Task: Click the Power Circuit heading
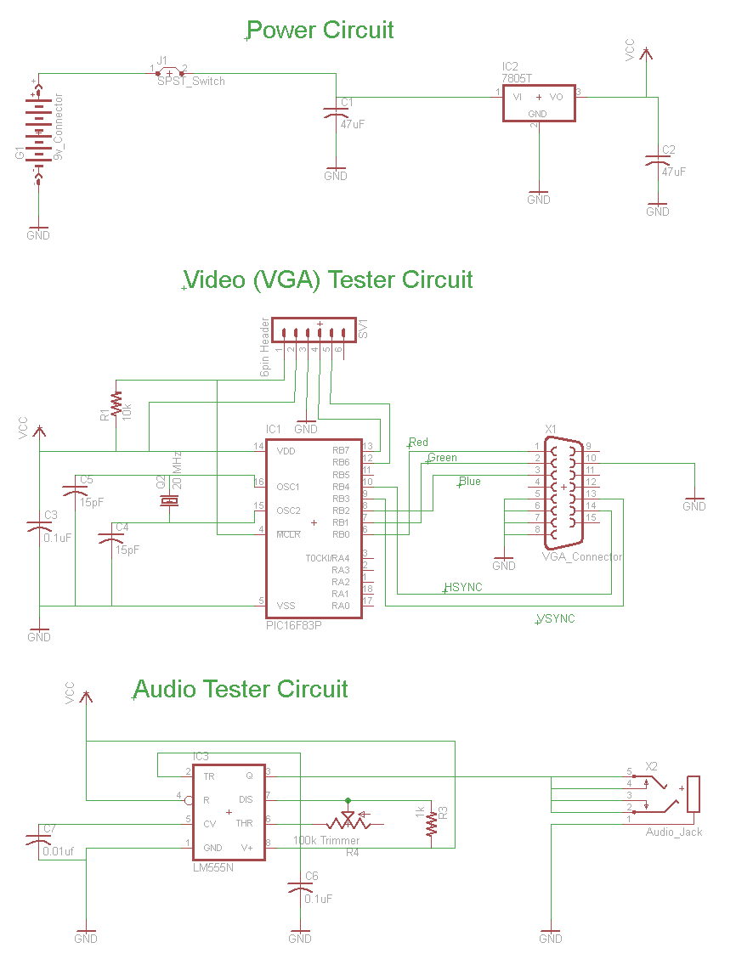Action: point(320,31)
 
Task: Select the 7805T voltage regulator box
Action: point(539,103)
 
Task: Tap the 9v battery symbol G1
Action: point(38,133)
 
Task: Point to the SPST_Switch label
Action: point(191,81)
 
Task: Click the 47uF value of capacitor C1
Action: point(353,124)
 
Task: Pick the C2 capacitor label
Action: point(669,150)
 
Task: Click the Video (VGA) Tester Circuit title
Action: point(328,279)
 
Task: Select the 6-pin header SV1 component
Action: point(314,333)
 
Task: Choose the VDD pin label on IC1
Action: point(286,450)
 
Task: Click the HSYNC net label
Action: point(463,587)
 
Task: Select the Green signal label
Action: point(443,458)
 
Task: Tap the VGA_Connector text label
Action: point(582,557)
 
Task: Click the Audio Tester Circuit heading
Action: point(241,688)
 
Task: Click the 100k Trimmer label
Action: point(326,840)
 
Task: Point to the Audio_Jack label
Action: point(674,832)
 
